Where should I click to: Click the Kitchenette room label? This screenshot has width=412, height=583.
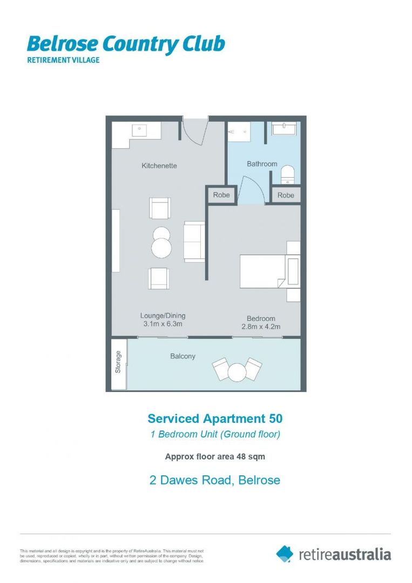coord(159,166)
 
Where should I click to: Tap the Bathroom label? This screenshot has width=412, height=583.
coord(262,164)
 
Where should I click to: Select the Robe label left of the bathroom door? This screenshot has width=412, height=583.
coord(221,195)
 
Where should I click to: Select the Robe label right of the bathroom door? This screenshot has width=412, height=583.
coord(286,195)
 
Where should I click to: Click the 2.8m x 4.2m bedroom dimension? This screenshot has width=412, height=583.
coord(261,327)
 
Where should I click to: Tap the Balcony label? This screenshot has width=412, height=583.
coord(183,356)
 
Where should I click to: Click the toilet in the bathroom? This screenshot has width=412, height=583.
coord(288,173)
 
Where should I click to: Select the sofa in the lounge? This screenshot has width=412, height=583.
coord(193,241)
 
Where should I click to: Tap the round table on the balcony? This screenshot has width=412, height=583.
coord(237,371)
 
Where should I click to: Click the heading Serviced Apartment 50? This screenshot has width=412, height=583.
coord(214,418)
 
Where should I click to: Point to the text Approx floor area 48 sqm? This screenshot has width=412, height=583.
coord(214,456)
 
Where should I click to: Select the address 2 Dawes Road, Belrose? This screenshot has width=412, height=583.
coord(214,479)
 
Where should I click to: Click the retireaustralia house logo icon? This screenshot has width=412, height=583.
coord(285,553)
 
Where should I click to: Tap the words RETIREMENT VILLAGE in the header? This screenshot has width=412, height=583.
coord(63,60)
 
